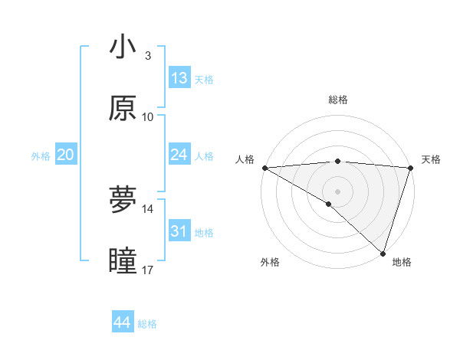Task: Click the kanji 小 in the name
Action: click(123, 47)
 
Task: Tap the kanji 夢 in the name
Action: click(123, 200)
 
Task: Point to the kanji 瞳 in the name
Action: click(123, 261)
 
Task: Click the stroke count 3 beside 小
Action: click(147, 56)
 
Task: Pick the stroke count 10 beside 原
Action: click(148, 116)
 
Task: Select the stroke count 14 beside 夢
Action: click(148, 208)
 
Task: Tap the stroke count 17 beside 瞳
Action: click(148, 270)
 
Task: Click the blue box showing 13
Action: click(179, 78)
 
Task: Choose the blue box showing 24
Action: click(179, 155)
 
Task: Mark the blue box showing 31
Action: click(179, 231)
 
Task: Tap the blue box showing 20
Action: click(66, 155)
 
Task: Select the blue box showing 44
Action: click(123, 322)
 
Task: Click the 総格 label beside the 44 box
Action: click(147, 324)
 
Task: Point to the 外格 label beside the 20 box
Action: click(41, 156)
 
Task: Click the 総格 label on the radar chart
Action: click(337, 100)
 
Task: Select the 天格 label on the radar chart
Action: click(431, 159)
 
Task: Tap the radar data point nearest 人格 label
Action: click(264, 168)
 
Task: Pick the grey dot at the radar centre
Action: click(337, 190)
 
